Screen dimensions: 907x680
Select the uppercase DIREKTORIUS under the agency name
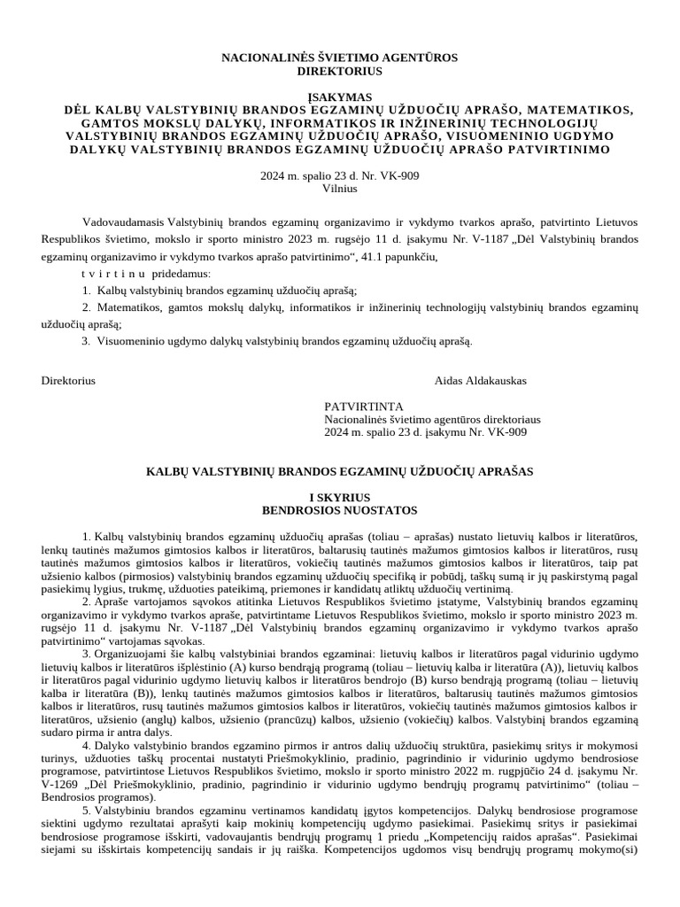(339, 70)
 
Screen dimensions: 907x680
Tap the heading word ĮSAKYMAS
(339, 96)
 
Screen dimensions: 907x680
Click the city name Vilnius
(339, 189)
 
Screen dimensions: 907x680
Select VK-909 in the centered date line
(398, 176)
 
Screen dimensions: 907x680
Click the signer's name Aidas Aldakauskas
(481, 381)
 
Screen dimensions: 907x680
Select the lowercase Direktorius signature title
(68, 381)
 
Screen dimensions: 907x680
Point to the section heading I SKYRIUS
(339, 498)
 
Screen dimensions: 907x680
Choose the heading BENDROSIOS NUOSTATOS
(339, 510)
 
